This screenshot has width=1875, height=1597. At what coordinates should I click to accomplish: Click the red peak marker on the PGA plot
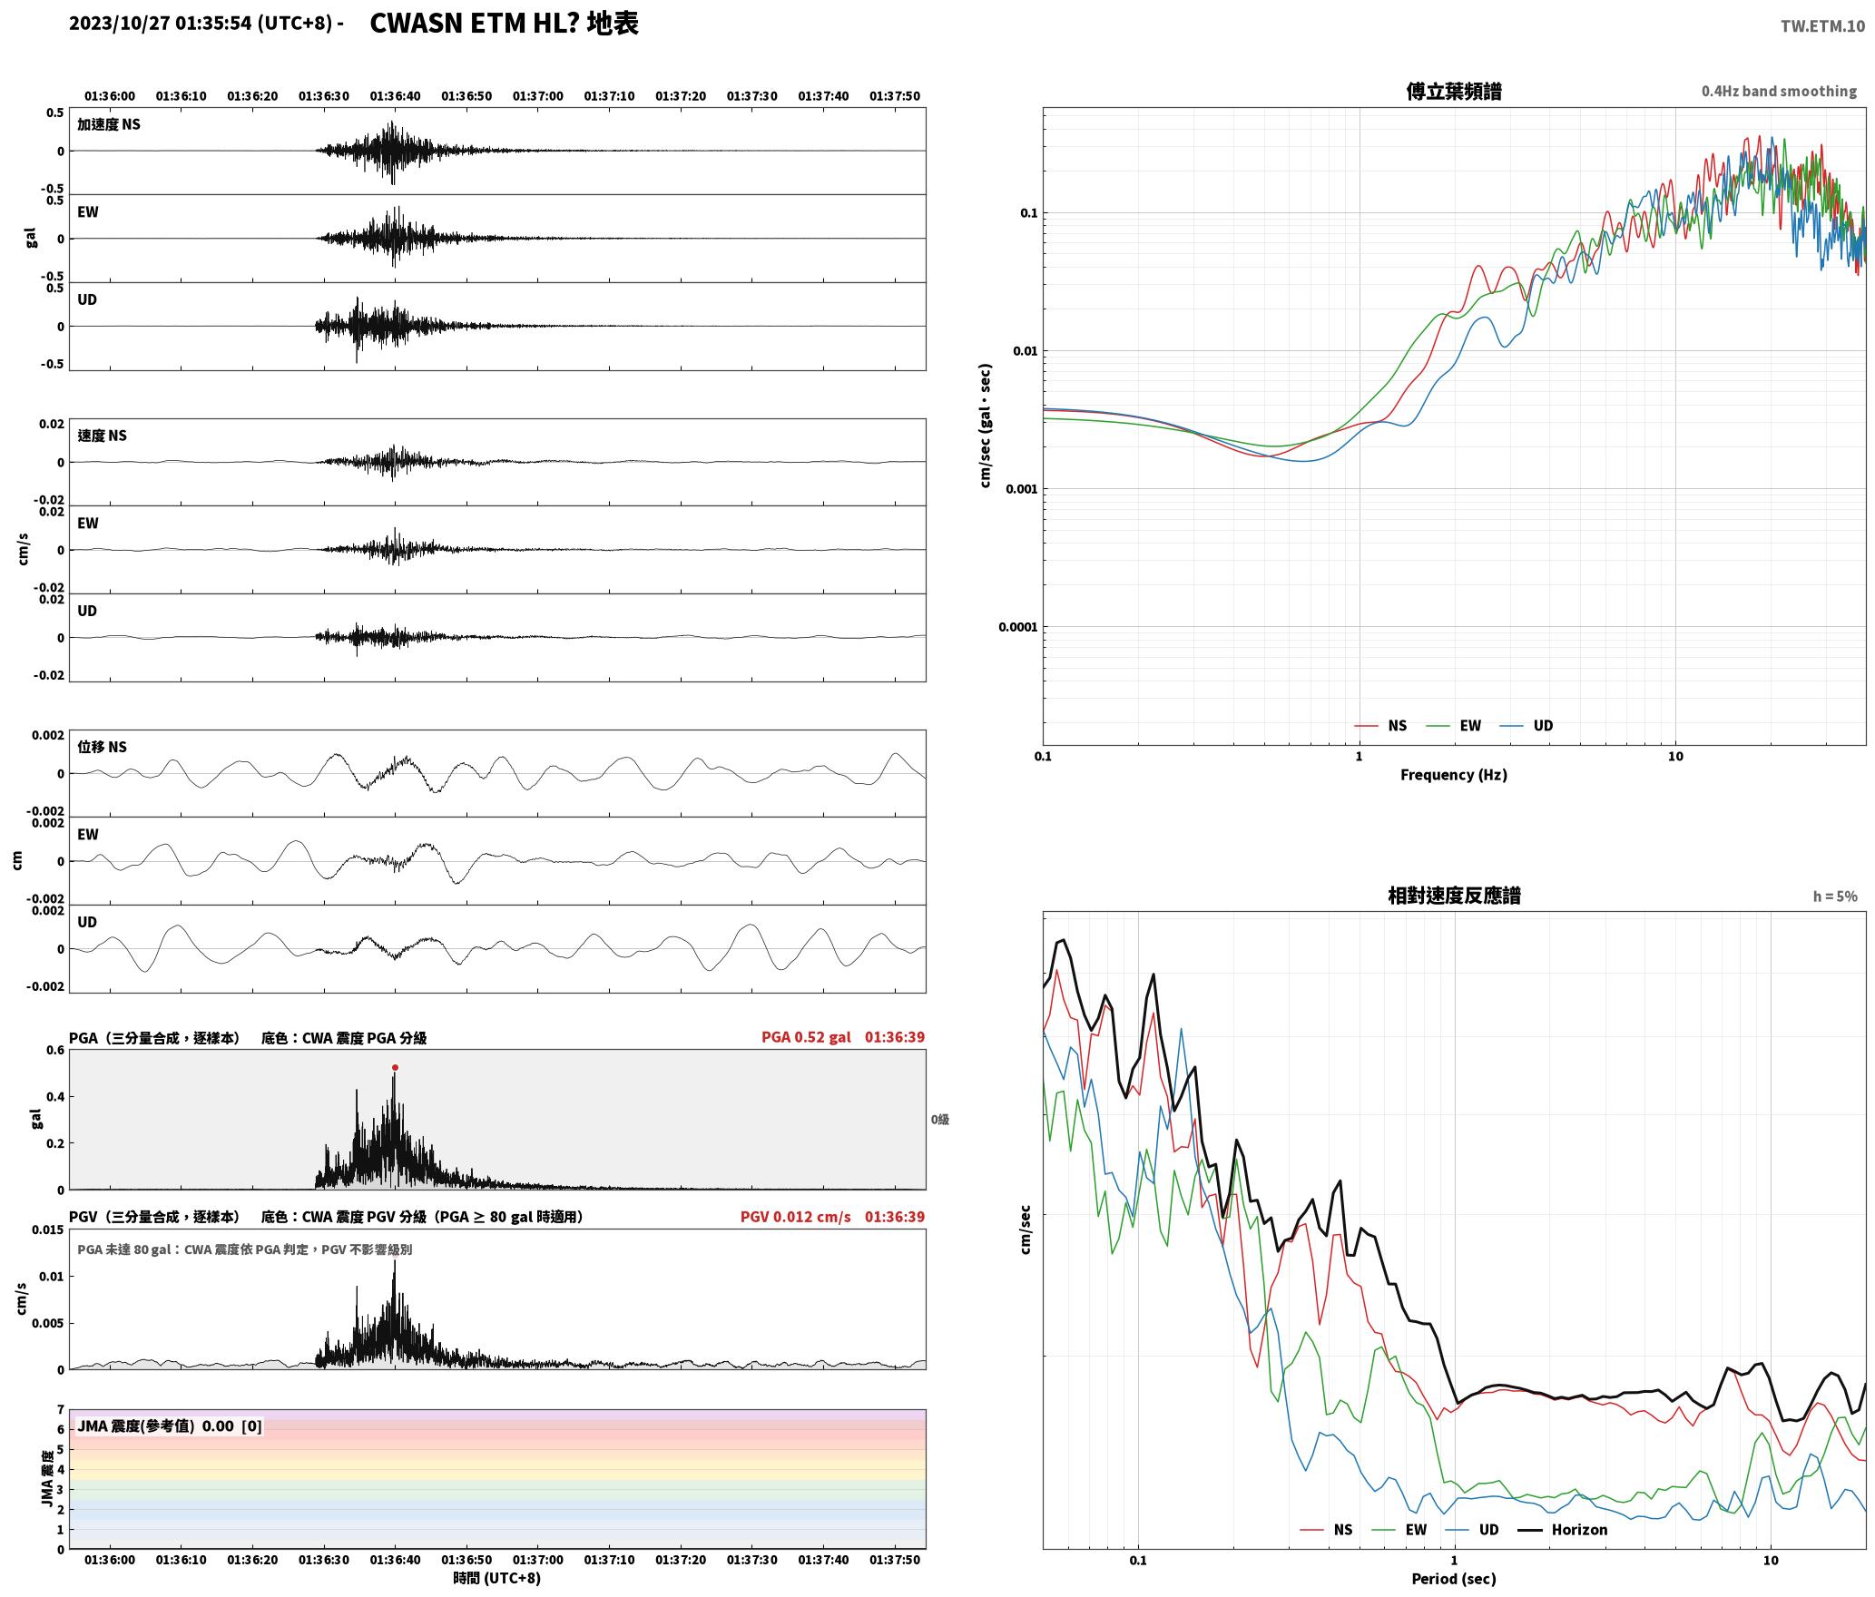click(x=395, y=1067)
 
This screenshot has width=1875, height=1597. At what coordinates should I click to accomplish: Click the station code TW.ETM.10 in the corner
click(x=1822, y=26)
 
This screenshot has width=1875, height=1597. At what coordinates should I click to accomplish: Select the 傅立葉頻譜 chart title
click(x=1454, y=92)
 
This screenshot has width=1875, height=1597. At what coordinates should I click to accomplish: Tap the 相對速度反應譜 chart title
click(x=1454, y=896)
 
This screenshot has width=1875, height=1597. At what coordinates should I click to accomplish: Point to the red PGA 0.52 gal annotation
click(x=806, y=1037)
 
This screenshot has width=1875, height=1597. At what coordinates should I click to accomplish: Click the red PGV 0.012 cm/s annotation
click(x=795, y=1217)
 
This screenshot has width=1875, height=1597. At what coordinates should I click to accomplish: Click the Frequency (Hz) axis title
click(x=1454, y=775)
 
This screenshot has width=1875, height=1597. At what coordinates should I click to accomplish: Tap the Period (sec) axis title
click(x=1454, y=1579)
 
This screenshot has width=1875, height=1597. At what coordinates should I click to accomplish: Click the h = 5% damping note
click(x=1835, y=896)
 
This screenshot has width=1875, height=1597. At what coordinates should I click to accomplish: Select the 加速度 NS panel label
click(x=109, y=124)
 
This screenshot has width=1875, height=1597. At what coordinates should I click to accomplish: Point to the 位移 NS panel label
click(x=103, y=747)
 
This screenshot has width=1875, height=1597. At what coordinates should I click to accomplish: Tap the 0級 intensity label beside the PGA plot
click(x=940, y=1120)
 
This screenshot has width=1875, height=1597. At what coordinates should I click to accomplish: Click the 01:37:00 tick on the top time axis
click(x=538, y=96)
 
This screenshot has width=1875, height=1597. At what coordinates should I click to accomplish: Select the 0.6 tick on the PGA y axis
click(x=55, y=1051)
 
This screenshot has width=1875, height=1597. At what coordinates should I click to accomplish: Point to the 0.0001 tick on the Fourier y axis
click(x=1017, y=627)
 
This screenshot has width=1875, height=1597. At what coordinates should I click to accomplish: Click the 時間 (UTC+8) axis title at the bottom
click(x=497, y=1579)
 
